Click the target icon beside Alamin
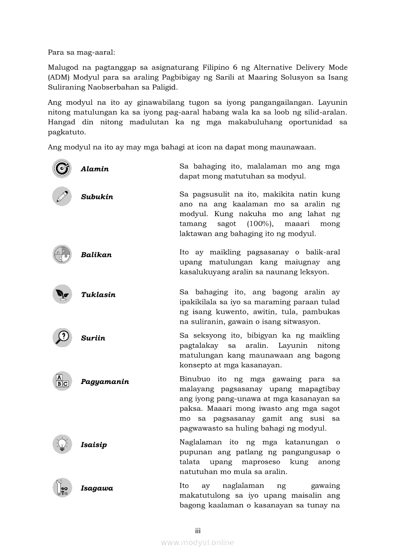(x=62, y=168)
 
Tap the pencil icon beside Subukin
(x=62, y=196)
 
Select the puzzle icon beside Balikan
(x=62, y=254)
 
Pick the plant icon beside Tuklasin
(x=62, y=294)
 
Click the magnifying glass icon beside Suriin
(x=62, y=338)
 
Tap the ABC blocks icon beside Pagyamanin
(x=62, y=381)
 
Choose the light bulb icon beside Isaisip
(x=62, y=444)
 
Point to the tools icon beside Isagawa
(x=62, y=488)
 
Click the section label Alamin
(x=95, y=169)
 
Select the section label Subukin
(x=97, y=197)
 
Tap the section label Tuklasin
(x=98, y=295)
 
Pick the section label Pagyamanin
(x=105, y=382)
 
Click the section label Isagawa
(x=97, y=488)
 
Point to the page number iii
(x=197, y=531)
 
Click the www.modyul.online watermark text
(x=197, y=542)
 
